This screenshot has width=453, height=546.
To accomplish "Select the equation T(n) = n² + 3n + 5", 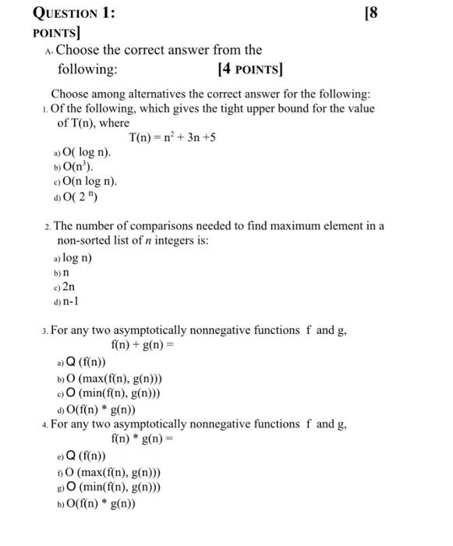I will [172, 138].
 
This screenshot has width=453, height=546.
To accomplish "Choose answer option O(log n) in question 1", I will [85, 153].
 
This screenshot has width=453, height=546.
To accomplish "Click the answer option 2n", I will [70, 287].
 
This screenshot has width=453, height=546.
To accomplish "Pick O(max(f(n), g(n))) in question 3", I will [113, 379].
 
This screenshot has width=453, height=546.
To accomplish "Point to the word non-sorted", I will [87, 241].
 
